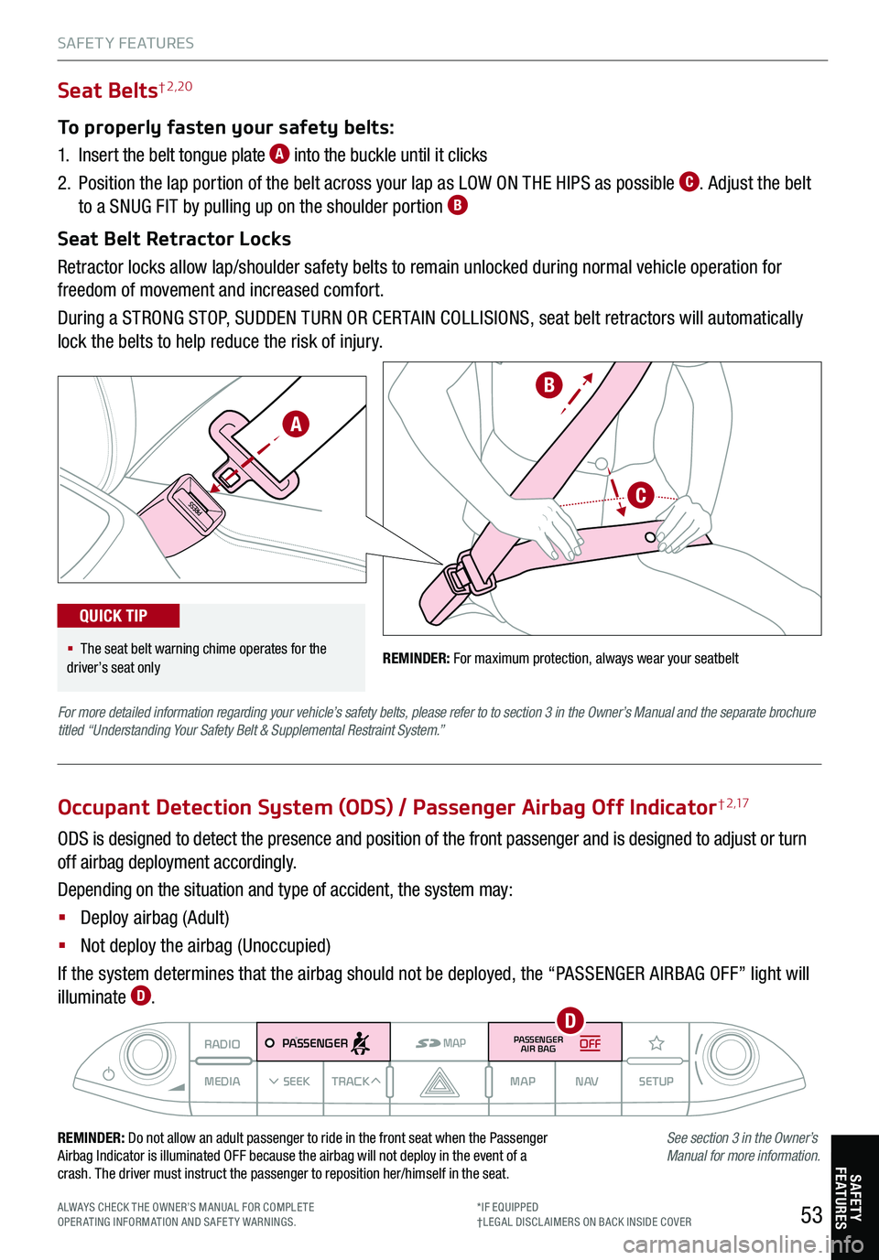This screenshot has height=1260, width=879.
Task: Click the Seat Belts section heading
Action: point(108,91)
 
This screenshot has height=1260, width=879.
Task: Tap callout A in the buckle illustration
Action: point(295,425)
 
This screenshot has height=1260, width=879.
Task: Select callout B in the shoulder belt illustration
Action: point(548,385)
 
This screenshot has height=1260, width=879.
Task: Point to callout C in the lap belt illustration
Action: point(641,496)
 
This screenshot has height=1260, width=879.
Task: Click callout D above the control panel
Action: point(570,1020)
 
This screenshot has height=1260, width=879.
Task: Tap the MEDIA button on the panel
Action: point(222,1082)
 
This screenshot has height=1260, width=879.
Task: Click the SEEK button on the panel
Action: point(290,1082)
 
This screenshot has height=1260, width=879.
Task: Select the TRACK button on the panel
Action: point(355,1082)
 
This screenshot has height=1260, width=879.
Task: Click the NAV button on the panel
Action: point(587,1082)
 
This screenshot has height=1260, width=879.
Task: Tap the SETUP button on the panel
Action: point(656,1082)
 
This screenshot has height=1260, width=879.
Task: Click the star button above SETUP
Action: point(657,1043)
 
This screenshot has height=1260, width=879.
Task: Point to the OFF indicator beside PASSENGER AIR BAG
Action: point(591,1043)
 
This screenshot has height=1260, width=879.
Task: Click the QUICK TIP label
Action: point(114,616)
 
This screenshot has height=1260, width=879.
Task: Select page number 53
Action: point(811,1215)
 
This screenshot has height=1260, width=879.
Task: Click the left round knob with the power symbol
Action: point(145,1054)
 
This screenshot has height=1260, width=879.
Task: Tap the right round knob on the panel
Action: point(730,1054)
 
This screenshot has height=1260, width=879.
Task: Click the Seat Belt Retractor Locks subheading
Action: point(174,239)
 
